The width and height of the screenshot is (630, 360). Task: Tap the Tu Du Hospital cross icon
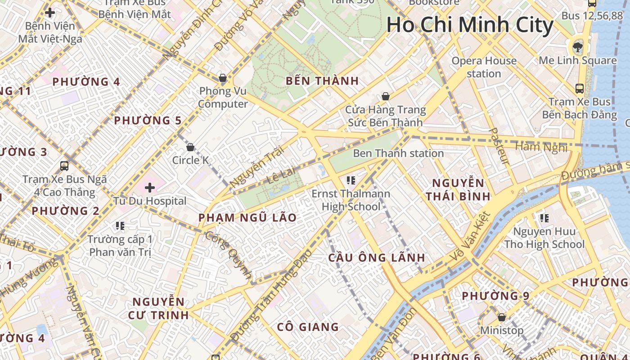(x=149, y=187)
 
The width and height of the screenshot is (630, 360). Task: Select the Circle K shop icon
(x=190, y=147)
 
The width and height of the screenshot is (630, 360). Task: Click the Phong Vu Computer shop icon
(x=222, y=78)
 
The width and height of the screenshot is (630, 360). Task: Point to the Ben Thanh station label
(x=398, y=153)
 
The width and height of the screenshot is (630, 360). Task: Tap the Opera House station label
(x=484, y=67)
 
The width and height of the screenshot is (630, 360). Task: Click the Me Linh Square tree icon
(x=577, y=46)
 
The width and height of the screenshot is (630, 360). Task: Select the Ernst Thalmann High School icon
(x=351, y=180)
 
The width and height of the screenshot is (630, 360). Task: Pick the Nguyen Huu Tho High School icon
(x=544, y=218)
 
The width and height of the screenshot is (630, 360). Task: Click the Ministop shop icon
(x=502, y=317)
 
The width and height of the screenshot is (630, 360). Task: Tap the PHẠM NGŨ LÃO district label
(x=247, y=218)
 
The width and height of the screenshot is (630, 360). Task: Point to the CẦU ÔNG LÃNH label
(x=376, y=258)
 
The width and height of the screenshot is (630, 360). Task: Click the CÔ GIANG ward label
(x=308, y=327)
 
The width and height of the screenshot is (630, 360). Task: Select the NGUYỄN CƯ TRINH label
(x=158, y=308)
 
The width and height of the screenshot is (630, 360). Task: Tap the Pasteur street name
(x=499, y=146)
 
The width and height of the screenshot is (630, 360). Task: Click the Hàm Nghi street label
(x=541, y=147)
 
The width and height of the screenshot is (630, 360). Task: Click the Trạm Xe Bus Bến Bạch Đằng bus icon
(x=580, y=89)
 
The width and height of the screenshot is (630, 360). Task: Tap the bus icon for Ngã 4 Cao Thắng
(x=64, y=166)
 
